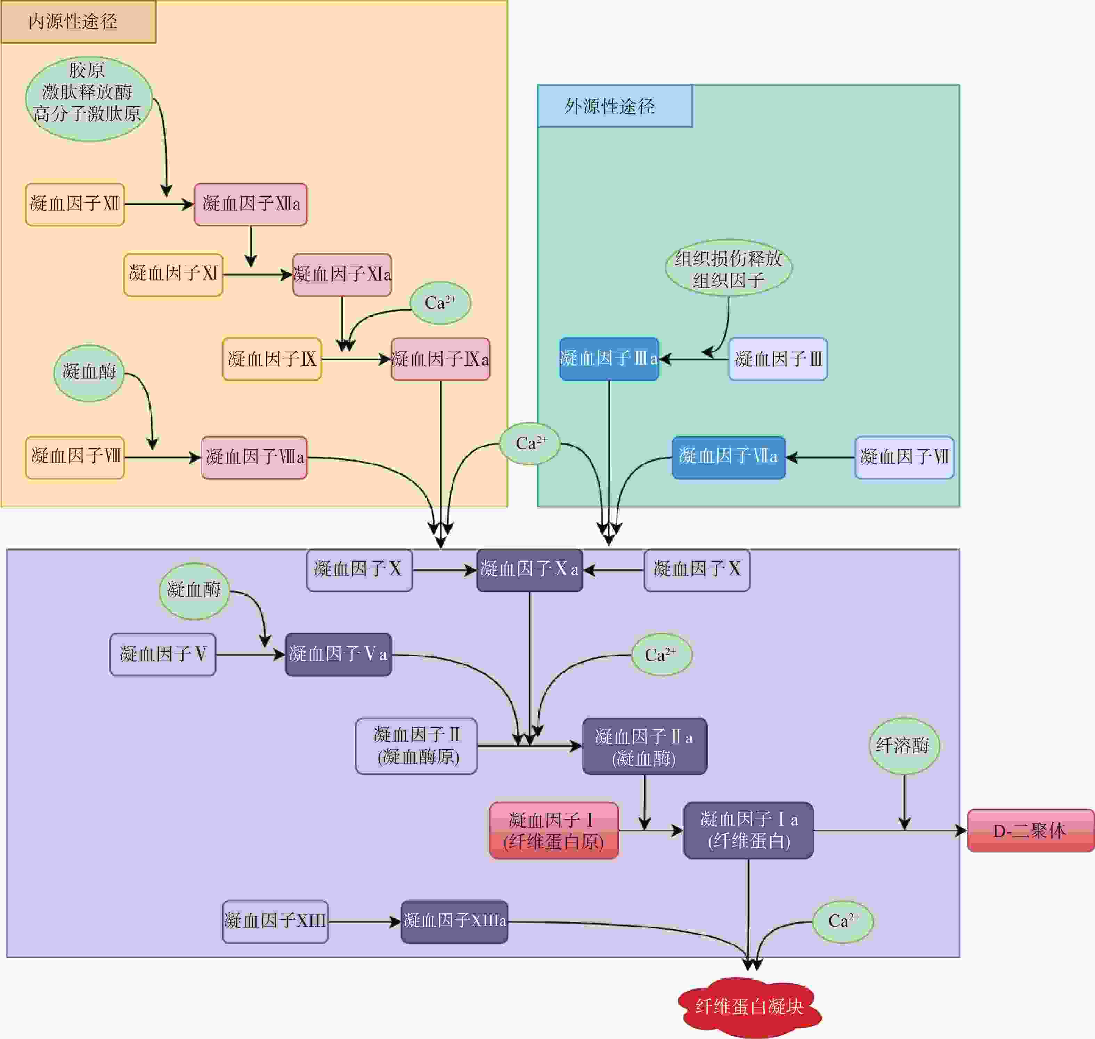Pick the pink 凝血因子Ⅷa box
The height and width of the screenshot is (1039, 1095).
(254, 457)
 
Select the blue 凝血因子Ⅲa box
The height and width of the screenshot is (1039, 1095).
(609, 359)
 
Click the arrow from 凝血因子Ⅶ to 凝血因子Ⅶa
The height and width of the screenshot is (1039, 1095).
(820, 457)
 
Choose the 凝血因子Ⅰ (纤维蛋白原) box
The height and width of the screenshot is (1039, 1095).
(554, 831)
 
